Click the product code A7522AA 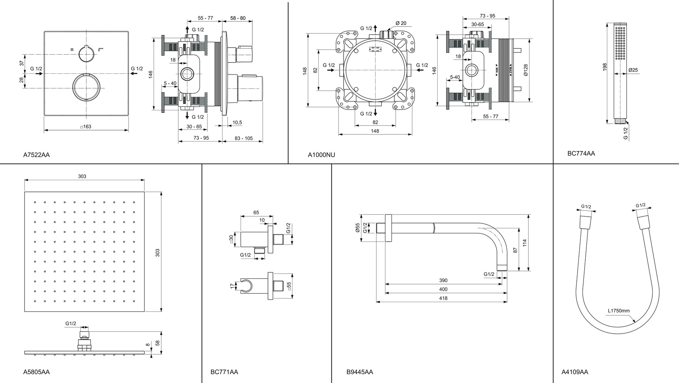click(36, 155)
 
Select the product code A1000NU click(321, 155)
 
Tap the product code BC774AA click(581, 154)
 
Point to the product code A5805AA click(36, 372)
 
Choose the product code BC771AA click(224, 372)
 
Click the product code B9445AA click(360, 372)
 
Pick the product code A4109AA click(575, 372)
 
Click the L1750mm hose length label click(619, 311)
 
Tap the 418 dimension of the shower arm click(443, 298)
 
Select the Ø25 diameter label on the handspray click(633, 70)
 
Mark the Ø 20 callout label click(401, 23)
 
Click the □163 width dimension click(86, 127)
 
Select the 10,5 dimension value click(237, 123)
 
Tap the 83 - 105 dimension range click(243, 138)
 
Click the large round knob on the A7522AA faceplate click(87, 88)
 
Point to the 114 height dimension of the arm click(525, 243)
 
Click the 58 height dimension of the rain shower click(157, 343)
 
